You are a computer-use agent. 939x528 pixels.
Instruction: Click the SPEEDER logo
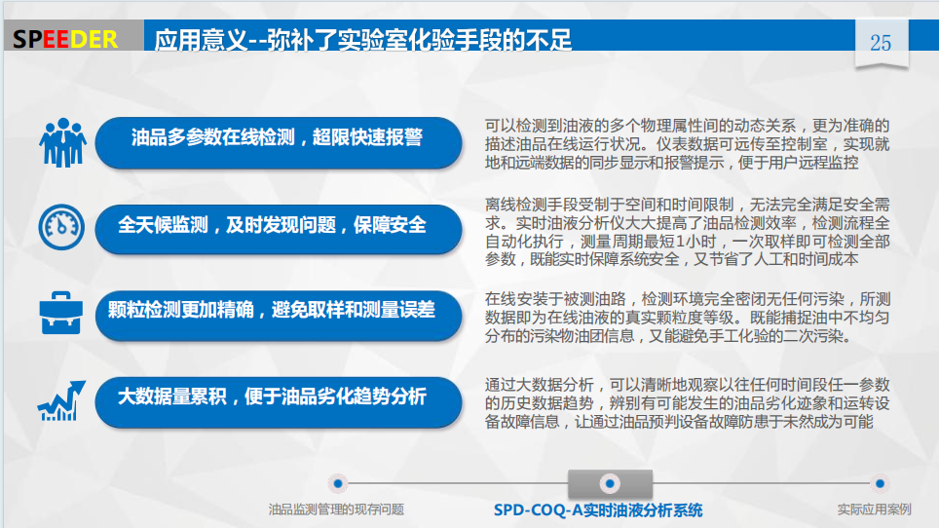[x=65, y=40]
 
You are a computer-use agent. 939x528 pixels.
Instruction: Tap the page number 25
[x=881, y=43]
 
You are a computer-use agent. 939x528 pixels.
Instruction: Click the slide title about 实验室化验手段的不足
[x=363, y=40]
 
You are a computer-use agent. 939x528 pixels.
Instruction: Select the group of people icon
[x=63, y=142]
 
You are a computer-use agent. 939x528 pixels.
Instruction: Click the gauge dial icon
[x=61, y=227]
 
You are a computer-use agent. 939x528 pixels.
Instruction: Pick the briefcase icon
[x=61, y=313]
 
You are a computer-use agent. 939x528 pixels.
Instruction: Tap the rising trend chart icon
[x=61, y=400]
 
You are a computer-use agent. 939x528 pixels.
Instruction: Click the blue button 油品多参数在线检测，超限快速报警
[x=279, y=142]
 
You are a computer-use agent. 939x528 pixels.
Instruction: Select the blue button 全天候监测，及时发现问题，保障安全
[x=279, y=229]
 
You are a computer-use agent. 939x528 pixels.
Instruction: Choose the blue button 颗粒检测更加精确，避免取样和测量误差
[x=279, y=315]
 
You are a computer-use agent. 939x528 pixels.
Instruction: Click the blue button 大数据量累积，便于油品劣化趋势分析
[x=279, y=401]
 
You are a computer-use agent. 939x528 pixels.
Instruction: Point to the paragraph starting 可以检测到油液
[x=687, y=143]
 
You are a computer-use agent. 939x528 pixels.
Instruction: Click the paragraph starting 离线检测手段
[x=687, y=231]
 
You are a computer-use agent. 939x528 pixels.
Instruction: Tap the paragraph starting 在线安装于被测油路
[x=687, y=318]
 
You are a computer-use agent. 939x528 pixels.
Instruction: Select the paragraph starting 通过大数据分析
[x=687, y=403]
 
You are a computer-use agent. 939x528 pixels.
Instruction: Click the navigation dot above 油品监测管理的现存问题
[x=338, y=483]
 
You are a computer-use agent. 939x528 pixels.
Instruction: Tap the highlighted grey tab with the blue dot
[x=610, y=483]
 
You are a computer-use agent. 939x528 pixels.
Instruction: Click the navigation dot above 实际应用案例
[x=880, y=483]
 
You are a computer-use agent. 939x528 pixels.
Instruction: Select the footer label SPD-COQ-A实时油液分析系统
[x=598, y=510]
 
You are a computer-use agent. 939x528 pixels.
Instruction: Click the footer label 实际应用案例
[x=875, y=509]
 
